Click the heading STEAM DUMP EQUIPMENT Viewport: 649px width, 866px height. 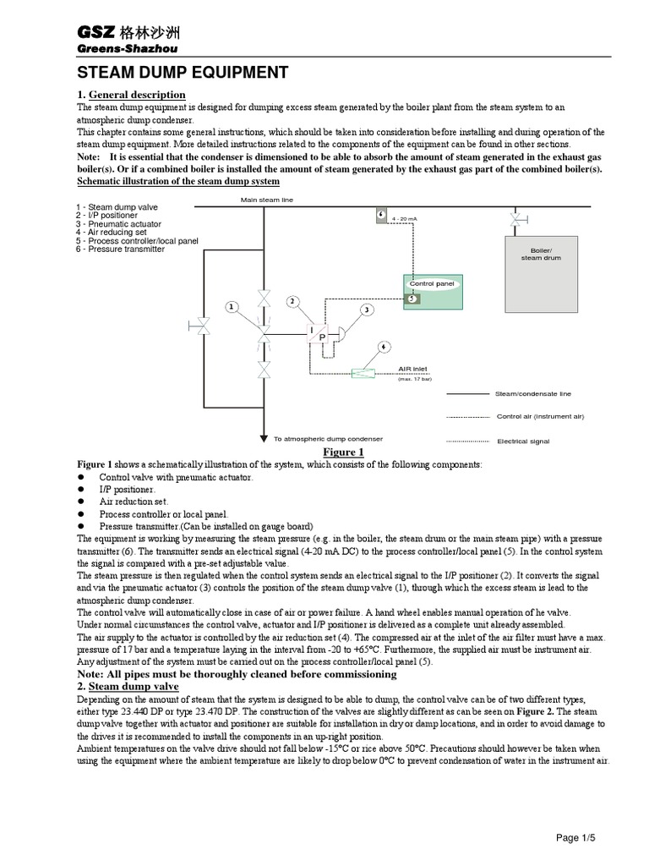tap(183, 73)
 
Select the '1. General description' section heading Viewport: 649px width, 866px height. tap(131, 95)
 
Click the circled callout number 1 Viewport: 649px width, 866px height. tap(228, 307)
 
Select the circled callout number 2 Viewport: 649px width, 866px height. tap(292, 302)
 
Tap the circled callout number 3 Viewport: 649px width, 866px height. tap(367, 310)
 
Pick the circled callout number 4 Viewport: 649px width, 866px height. tap(384, 347)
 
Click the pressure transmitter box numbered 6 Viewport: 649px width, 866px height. tap(381, 215)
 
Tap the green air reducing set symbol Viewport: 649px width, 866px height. tap(363, 373)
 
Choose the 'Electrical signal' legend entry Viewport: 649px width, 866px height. tap(524, 441)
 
